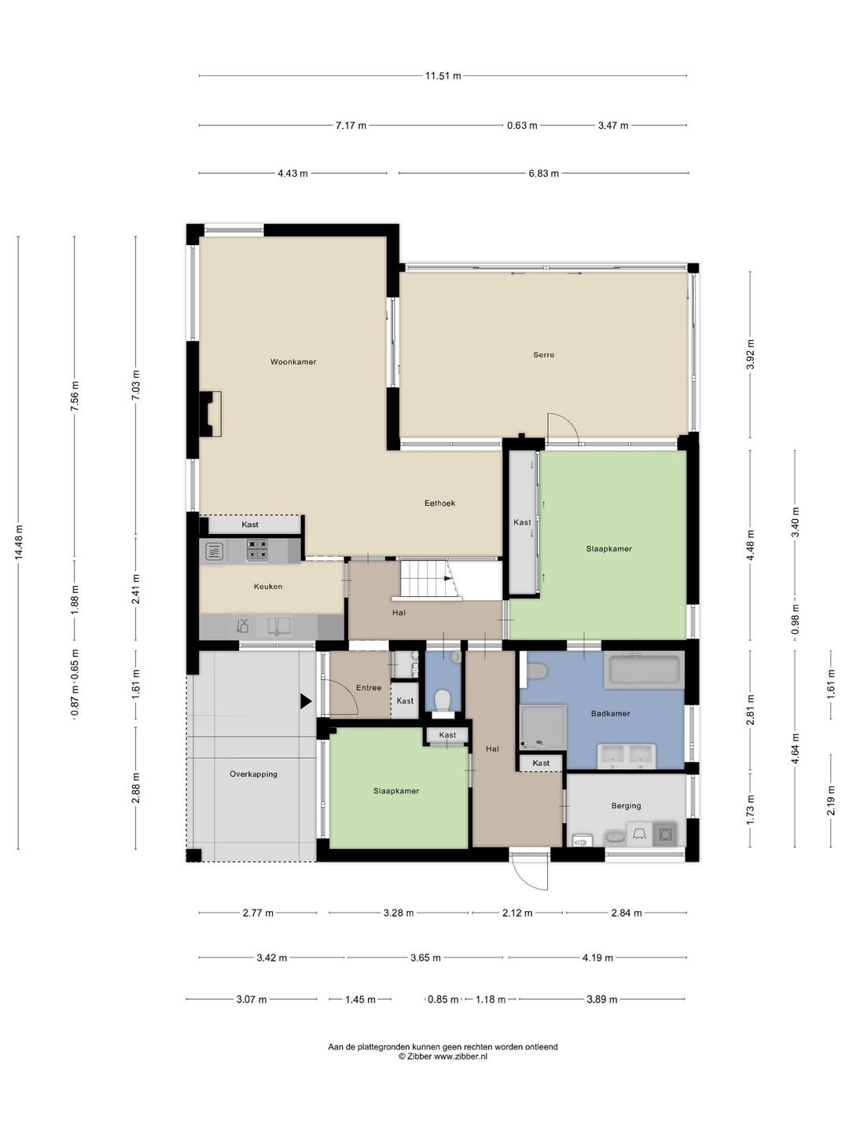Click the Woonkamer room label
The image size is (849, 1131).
pyautogui.click(x=293, y=362)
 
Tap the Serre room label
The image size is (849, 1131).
pyautogui.click(x=544, y=354)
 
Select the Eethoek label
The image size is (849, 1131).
pyautogui.click(x=439, y=503)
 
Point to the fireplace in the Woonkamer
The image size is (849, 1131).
pyautogui.click(x=211, y=414)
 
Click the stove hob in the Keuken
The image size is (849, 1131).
pyautogui.click(x=258, y=550)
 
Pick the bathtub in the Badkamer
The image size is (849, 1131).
pyautogui.click(x=644, y=669)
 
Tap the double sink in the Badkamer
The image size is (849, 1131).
pyautogui.click(x=627, y=756)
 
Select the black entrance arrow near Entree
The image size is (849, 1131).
pyautogui.click(x=307, y=701)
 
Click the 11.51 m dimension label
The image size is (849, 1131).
pyautogui.click(x=443, y=75)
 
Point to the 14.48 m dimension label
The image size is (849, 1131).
pyautogui.click(x=19, y=541)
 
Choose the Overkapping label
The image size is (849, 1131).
pyautogui.click(x=254, y=774)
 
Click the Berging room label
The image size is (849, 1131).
pyautogui.click(x=627, y=806)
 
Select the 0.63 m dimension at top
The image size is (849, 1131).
pyautogui.click(x=522, y=125)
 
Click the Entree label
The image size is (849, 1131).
pyautogui.click(x=369, y=688)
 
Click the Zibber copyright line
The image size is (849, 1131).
pyautogui.click(x=443, y=1056)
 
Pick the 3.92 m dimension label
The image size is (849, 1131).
pyautogui.click(x=751, y=354)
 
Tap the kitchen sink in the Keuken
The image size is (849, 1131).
pyautogui.click(x=279, y=625)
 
